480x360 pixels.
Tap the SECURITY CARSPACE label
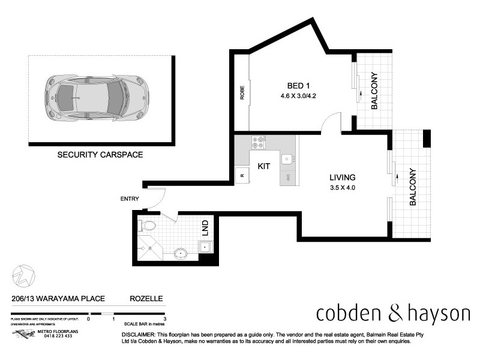pos(100,154)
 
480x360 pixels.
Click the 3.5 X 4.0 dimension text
pos(343,188)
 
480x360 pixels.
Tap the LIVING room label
pos(343,178)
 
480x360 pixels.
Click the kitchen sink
pos(287,159)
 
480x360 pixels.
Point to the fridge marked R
pos(241,176)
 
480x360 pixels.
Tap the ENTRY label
pos(129,199)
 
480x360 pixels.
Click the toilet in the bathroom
pos(148,226)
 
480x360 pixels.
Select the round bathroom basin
pos(181,253)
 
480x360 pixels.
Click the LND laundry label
pos(205,227)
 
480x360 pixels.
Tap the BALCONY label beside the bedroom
pos(374,91)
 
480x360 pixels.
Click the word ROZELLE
pos(146,298)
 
